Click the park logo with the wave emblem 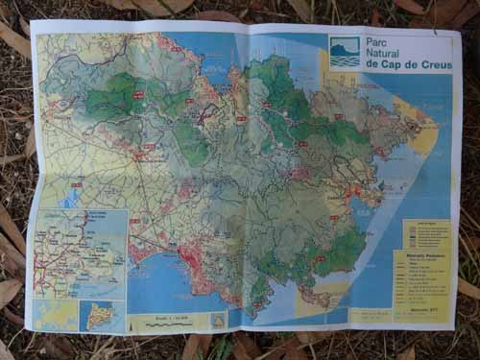tap(345, 52)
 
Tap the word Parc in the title tap(379, 41)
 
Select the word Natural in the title tap(388, 53)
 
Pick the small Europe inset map tap(56, 314)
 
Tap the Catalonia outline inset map tap(102, 315)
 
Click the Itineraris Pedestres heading tap(422, 258)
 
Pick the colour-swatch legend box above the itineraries tap(426, 234)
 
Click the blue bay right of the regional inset tap(158, 278)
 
